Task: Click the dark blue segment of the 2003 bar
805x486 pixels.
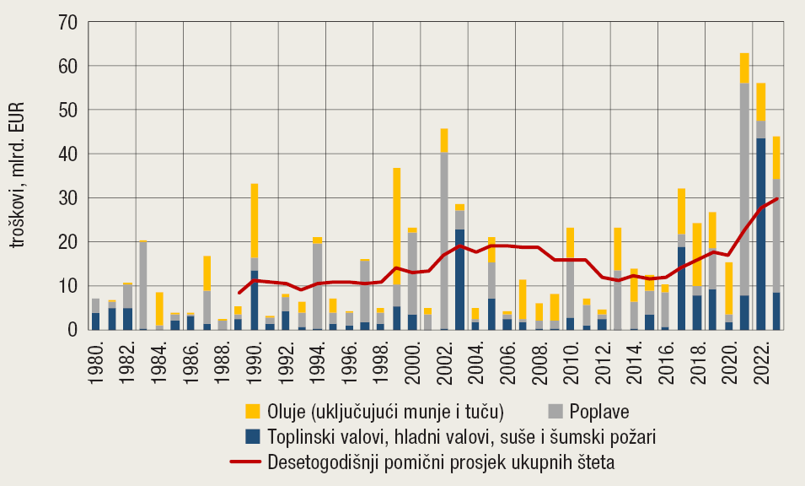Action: [459, 279]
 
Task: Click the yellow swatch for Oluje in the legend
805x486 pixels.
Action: [252, 411]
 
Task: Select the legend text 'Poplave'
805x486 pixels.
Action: [599, 412]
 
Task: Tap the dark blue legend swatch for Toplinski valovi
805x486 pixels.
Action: [252, 437]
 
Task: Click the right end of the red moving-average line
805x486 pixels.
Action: [775, 199]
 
